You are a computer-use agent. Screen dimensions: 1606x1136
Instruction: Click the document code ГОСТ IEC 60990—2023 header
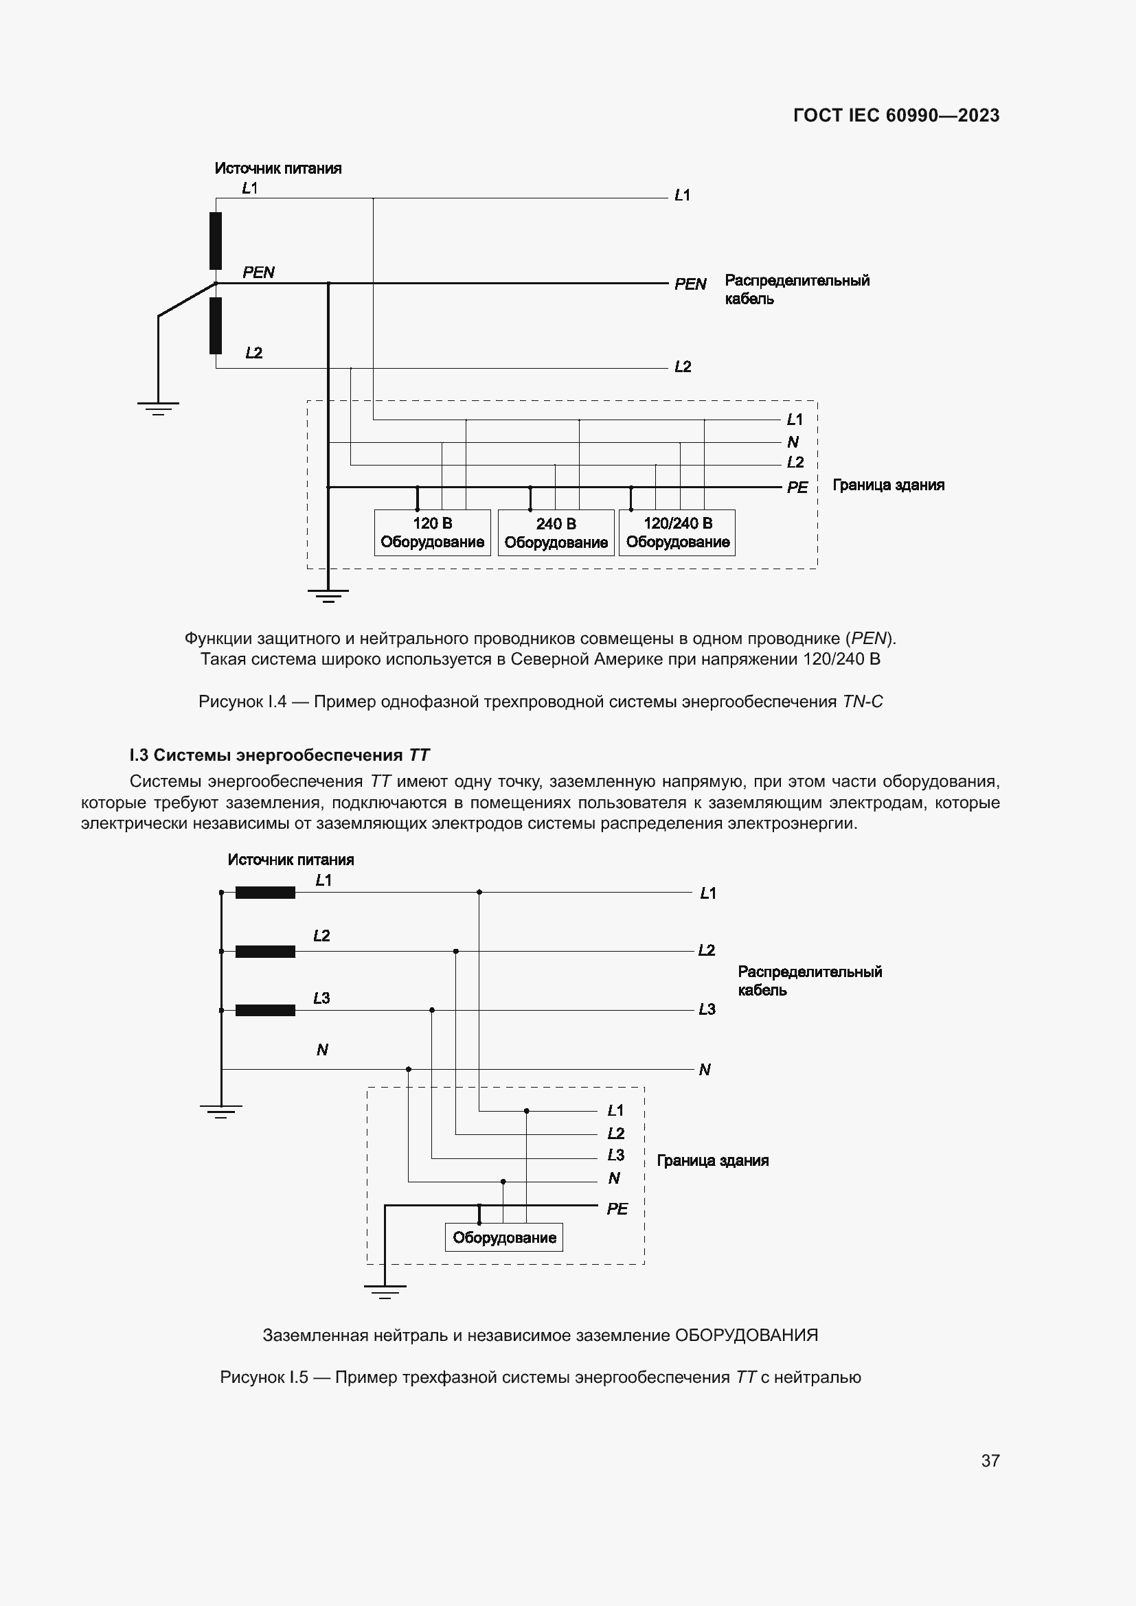click(x=896, y=115)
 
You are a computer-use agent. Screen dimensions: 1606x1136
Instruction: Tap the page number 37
click(x=990, y=1460)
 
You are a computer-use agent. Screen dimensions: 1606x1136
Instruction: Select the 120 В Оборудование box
click(x=432, y=533)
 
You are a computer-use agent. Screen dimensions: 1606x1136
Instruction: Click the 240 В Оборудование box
click(x=556, y=533)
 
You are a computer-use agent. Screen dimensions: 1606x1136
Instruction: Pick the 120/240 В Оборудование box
click(x=677, y=533)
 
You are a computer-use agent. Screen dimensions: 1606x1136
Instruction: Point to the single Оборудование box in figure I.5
click(x=503, y=1237)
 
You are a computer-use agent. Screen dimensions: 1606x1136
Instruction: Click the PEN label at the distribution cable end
click(x=690, y=284)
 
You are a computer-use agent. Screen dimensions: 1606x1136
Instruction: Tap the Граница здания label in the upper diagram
click(x=887, y=485)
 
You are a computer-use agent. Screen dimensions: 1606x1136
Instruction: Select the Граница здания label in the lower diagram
click(x=712, y=1160)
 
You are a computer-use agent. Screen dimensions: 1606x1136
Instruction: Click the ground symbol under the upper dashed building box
click(x=328, y=595)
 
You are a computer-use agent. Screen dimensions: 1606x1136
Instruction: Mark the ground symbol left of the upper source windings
click(x=158, y=408)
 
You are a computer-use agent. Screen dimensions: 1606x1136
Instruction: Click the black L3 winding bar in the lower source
click(x=265, y=1010)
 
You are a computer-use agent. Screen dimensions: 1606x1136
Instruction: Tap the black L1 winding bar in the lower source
click(x=265, y=893)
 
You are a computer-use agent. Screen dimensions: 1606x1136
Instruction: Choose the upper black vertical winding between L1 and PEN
click(x=216, y=240)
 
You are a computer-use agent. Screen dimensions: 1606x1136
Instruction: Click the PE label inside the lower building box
click(x=617, y=1208)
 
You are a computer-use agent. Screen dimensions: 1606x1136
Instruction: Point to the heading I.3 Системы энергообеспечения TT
click(x=279, y=755)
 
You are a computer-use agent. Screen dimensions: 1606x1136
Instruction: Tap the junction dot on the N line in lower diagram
click(x=409, y=1069)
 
